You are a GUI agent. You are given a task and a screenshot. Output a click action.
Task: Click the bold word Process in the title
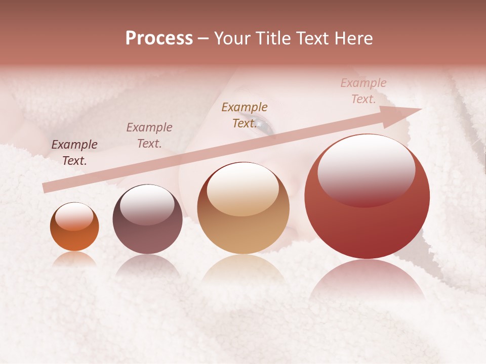pos(159,38)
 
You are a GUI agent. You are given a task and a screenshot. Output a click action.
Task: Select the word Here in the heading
pos(354,38)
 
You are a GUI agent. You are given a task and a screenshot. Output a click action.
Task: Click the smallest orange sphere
pos(74,226)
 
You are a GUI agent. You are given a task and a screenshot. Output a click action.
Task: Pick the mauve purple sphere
pos(147,219)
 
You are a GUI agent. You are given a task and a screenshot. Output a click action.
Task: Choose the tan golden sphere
pos(243,208)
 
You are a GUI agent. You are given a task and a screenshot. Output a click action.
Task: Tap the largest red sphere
pos(367,196)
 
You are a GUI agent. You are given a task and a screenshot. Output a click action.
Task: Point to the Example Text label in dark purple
pos(74,153)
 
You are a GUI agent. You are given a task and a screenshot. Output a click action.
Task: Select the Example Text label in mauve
pos(149,135)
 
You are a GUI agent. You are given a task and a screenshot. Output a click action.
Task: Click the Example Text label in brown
pos(245,115)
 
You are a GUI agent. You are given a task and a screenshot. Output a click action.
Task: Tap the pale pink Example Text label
pos(363,91)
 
